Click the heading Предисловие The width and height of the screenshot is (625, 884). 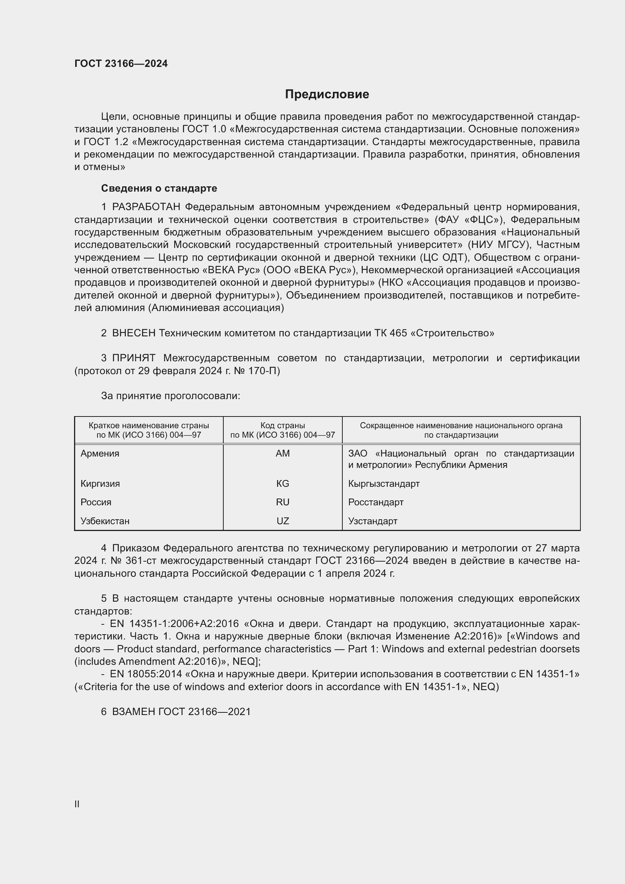coord(327,94)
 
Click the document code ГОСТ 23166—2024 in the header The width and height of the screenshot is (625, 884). coord(121,63)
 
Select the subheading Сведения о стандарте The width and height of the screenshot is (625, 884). coord(159,188)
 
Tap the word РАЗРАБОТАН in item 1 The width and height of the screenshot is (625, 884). coord(146,207)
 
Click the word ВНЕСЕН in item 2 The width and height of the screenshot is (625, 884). coord(133,333)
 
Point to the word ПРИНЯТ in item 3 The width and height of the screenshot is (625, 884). coord(133,358)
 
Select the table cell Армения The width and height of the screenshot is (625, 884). coord(100,454)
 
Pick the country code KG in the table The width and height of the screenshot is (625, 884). coord(283,484)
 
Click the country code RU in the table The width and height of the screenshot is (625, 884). coord(283,502)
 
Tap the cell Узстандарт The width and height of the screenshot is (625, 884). coord(373,521)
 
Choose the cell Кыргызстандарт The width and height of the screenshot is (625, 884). coord(384,484)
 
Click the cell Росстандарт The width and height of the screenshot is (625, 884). coord(376,502)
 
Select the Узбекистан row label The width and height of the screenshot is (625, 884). coord(105,521)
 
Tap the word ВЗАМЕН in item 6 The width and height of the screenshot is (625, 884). coord(133,712)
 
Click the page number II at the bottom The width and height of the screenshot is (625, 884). coord(77,804)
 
